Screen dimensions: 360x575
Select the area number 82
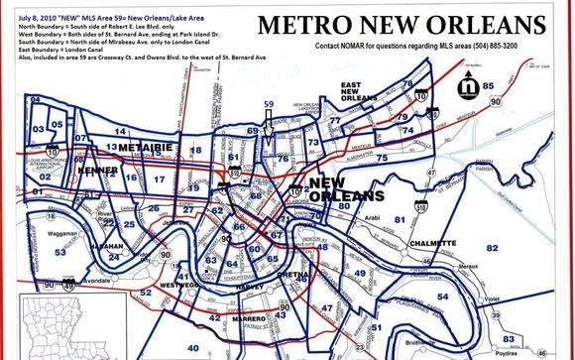tap(492, 247)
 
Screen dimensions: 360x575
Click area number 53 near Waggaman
tap(60, 253)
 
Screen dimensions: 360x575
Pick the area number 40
tap(192, 348)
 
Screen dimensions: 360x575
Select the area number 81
tap(401, 219)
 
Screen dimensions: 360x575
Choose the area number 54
tap(442, 296)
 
